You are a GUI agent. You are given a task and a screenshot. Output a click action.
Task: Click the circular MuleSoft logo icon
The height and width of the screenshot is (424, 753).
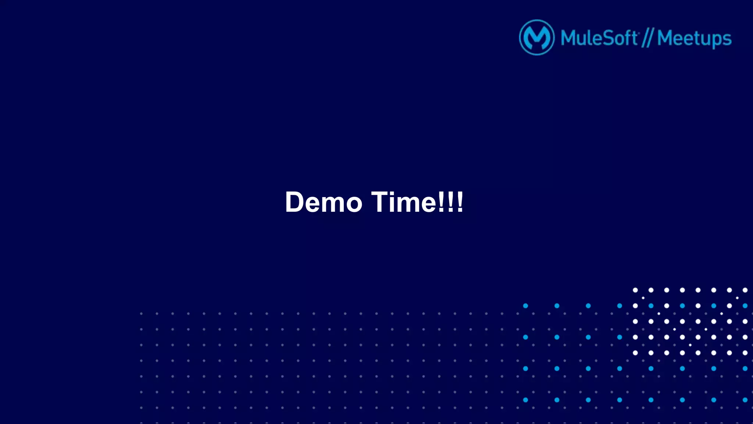coord(536,38)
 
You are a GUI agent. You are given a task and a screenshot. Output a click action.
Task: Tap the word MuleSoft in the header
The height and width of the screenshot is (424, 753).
coord(599,38)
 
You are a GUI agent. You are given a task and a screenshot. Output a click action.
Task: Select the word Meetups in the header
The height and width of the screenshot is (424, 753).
coord(694,39)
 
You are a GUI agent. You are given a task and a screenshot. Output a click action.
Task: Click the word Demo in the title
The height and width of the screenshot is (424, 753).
coord(324,202)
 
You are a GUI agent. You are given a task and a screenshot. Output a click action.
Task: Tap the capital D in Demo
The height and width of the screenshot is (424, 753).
coord(296,202)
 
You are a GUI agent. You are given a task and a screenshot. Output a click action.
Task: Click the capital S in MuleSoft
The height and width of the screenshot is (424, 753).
coord(609,38)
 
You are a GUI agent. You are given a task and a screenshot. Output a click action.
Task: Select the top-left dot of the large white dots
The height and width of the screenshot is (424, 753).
coord(635,290)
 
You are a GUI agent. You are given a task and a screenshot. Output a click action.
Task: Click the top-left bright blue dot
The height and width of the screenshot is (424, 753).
coord(525,306)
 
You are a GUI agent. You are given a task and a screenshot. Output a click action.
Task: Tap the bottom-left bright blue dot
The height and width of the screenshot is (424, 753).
coord(525,400)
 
